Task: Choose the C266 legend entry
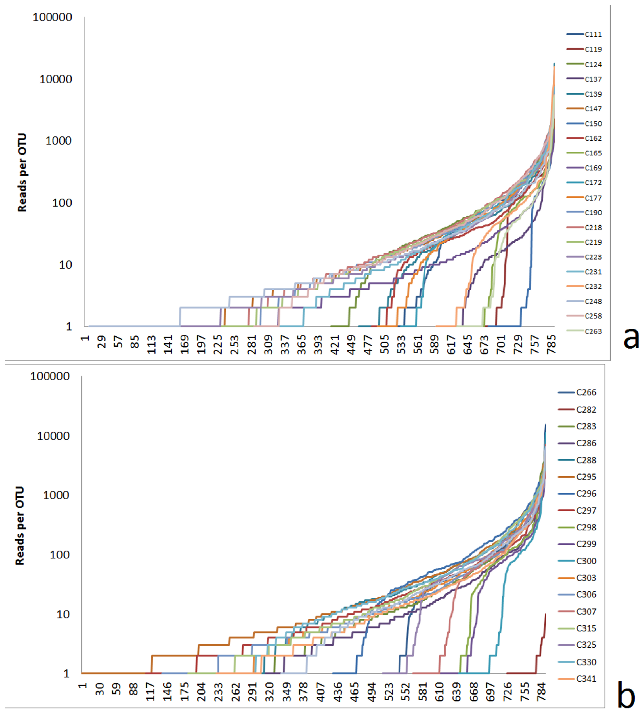[x=586, y=392]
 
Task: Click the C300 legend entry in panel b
[x=586, y=561]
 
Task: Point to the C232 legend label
[x=593, y=287]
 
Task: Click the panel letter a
[x=631, y=338]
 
